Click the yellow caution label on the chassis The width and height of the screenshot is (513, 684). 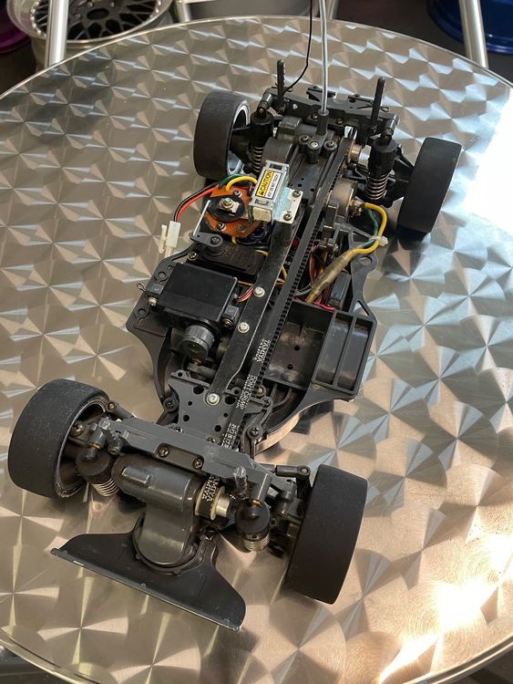click(x=271, y=178)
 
